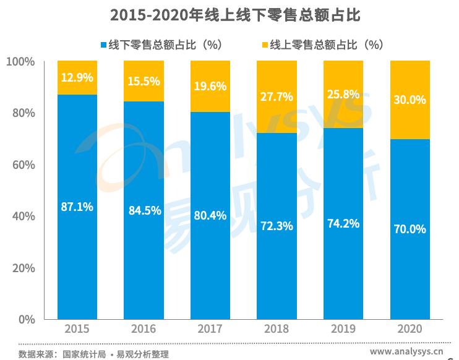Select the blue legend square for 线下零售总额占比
click(x=103, y=45)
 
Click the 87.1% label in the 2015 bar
click(x=77, y=207)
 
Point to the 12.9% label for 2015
click(x=77, y=78)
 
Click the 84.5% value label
click(x=144, y=210)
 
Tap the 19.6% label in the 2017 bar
click(x=210, y=87)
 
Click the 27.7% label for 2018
click(x=277, y=97)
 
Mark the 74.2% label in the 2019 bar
click(x=343, y=223)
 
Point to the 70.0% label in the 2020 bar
click(x=410, y=229)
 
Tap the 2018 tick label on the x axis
click(x=277, y=329)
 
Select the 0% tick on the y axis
click(x=26, y=320)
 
